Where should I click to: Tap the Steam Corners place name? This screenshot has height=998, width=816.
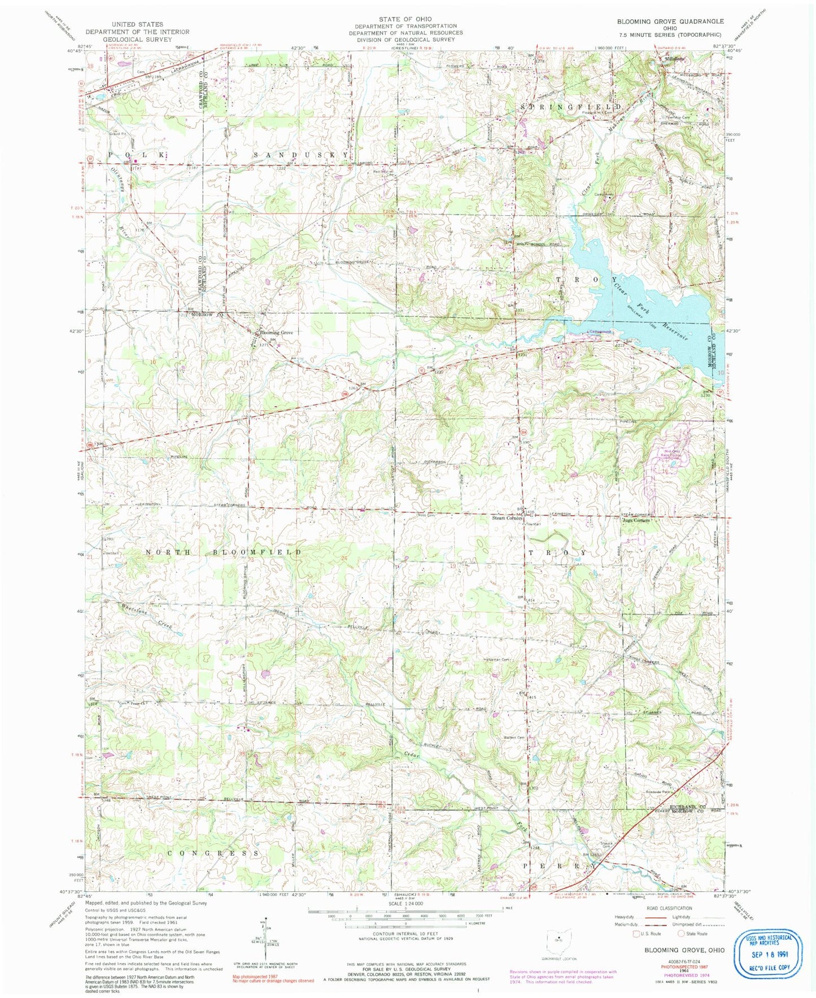pos(507,517)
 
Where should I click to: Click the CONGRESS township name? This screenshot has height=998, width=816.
pos(214,853)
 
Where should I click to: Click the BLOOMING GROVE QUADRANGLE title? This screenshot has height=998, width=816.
pos(670,21)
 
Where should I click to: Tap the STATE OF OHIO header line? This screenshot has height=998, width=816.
pos(405,19)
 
